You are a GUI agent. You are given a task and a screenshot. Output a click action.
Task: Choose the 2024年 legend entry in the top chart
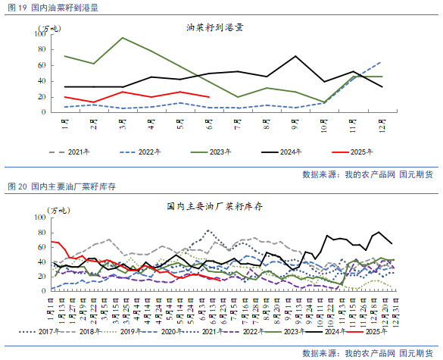point(291,152)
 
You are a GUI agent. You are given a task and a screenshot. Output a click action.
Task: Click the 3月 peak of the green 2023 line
point(123,38)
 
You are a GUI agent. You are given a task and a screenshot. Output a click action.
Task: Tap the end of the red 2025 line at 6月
point(209,97)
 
